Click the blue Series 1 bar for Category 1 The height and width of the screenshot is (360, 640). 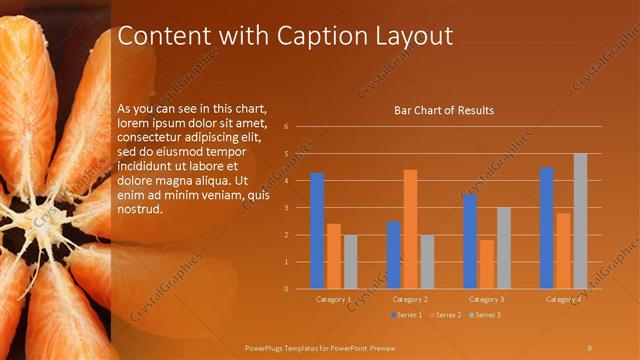(x=317, y=231)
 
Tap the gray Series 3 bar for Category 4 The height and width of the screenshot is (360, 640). (x=580, y=221)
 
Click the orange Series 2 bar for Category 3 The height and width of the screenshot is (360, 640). (x=487, y=264)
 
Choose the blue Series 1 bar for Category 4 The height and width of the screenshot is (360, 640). (x=546, y=228)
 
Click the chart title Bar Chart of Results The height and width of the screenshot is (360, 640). (x=444, y=110)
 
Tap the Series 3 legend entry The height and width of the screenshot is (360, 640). (x=485, y=315)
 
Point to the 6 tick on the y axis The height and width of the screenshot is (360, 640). (x=286, y=127)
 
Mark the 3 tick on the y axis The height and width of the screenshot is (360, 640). (x=286, y=208)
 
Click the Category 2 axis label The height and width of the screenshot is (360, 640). (x=410, y=299)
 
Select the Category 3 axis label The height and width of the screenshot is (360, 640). (x=487, y=299)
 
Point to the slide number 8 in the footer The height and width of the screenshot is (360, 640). (x=590, y=346)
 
